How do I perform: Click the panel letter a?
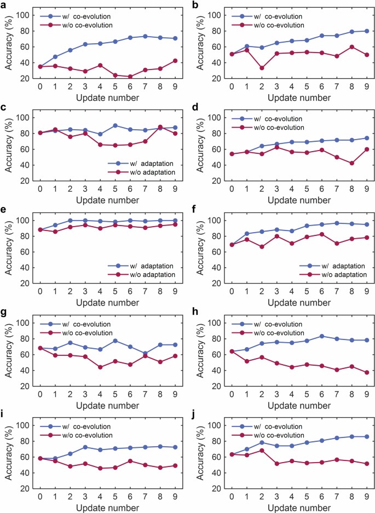click(x=4, y=5)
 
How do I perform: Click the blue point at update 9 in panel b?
click(x=366, y=31)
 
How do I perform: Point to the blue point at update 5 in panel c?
click(x=115, y=125)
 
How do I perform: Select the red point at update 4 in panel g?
click(x=100, y=367)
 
